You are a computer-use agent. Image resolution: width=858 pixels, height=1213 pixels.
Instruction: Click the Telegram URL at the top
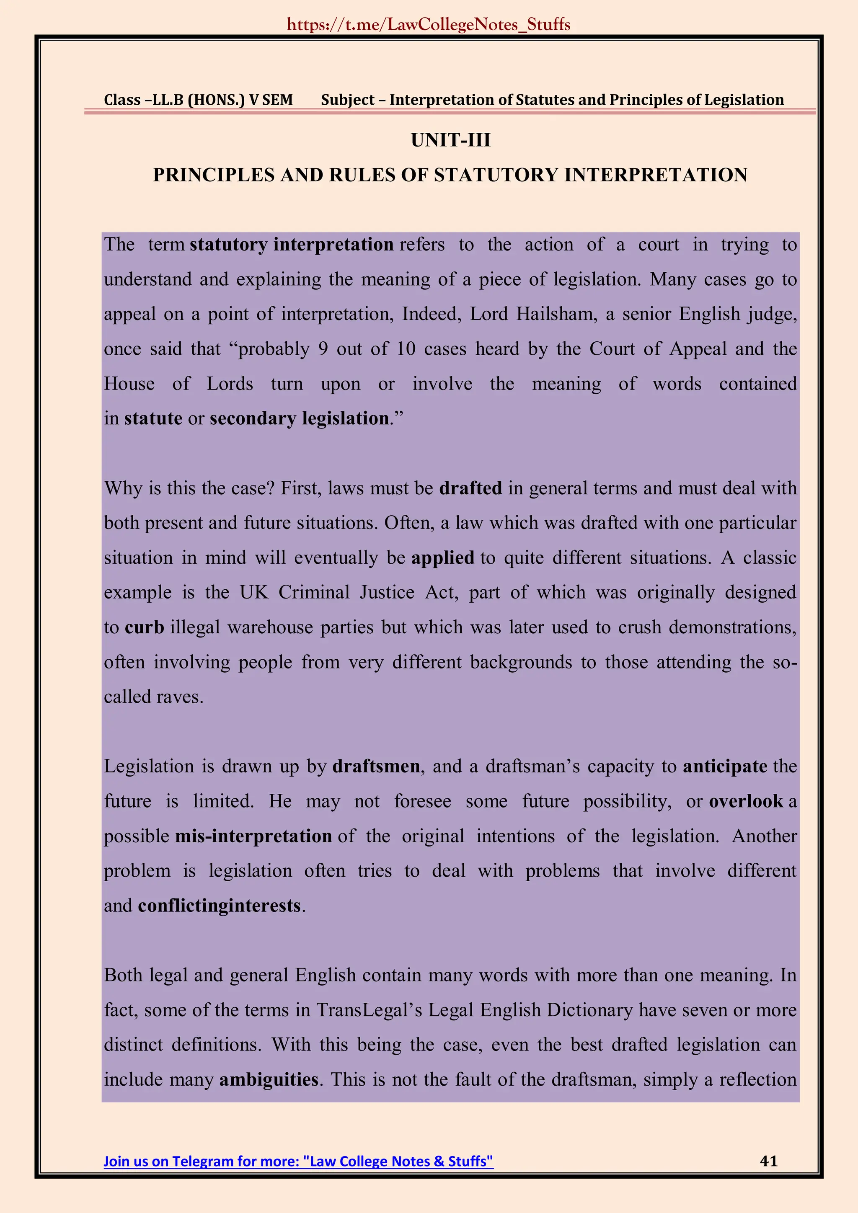[x=429, y=25]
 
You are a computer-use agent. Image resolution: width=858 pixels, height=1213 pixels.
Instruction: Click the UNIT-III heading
[x=451, y=140]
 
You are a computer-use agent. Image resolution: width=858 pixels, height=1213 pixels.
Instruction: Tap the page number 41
[x=768, y=1160]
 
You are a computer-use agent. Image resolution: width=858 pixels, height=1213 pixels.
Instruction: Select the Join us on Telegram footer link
[x=299, y=1161]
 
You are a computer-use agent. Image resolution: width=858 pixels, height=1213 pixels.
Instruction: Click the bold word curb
[x=144, y=627]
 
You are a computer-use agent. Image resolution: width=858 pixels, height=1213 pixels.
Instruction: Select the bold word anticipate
[x=725, y=766]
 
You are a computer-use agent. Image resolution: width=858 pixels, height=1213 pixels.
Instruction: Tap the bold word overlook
[x=745, y=801]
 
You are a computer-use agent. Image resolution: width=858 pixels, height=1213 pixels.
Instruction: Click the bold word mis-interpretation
[x=253, y=836]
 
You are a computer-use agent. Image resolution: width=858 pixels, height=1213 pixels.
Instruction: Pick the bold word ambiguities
[x=269, y=1079]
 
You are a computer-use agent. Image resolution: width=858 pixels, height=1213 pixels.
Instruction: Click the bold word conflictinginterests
[x=219, y=906]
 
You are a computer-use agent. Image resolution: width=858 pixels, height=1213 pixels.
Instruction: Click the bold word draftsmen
[x=376, y=766]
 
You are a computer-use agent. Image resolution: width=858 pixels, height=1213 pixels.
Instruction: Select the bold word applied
[x=443, y=557]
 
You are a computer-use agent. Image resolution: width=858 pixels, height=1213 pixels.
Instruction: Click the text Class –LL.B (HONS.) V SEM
[x=198, y=100]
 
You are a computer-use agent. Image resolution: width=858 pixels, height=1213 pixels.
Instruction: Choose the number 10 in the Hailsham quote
[x=406, y=348]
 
